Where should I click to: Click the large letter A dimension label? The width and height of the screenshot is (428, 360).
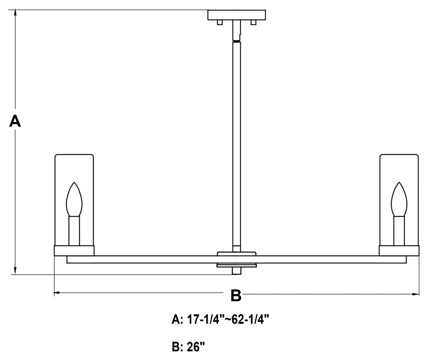pos(15,121)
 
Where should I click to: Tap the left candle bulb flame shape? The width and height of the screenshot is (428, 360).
pos(74,199)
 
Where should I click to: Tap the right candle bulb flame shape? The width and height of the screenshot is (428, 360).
pos(399,199)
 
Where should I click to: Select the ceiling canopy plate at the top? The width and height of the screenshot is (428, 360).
pos(236,15)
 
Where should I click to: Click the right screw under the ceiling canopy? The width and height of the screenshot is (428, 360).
pos(253,22)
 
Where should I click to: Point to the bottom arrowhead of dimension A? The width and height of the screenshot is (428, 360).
pos(15,271)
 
